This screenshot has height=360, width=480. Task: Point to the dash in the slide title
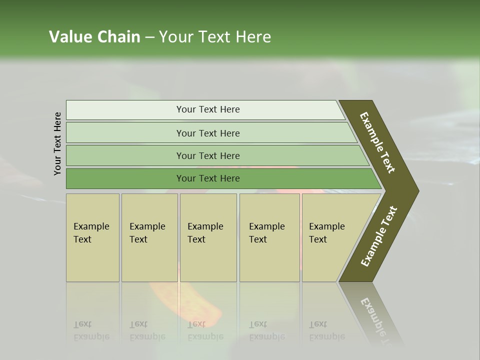pos(149,37)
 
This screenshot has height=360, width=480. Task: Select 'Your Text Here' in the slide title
pos(215,37)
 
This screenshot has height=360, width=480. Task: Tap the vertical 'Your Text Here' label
pos(57,144)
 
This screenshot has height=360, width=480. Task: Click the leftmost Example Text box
pos(92,237)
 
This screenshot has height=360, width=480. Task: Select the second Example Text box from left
pos(149,237)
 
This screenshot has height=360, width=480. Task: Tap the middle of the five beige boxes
pos(208,237)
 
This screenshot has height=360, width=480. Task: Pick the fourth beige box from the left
pos(269,237)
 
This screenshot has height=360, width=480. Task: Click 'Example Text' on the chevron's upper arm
pos(377,142)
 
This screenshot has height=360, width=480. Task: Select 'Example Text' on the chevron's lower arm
pos(378,237)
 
